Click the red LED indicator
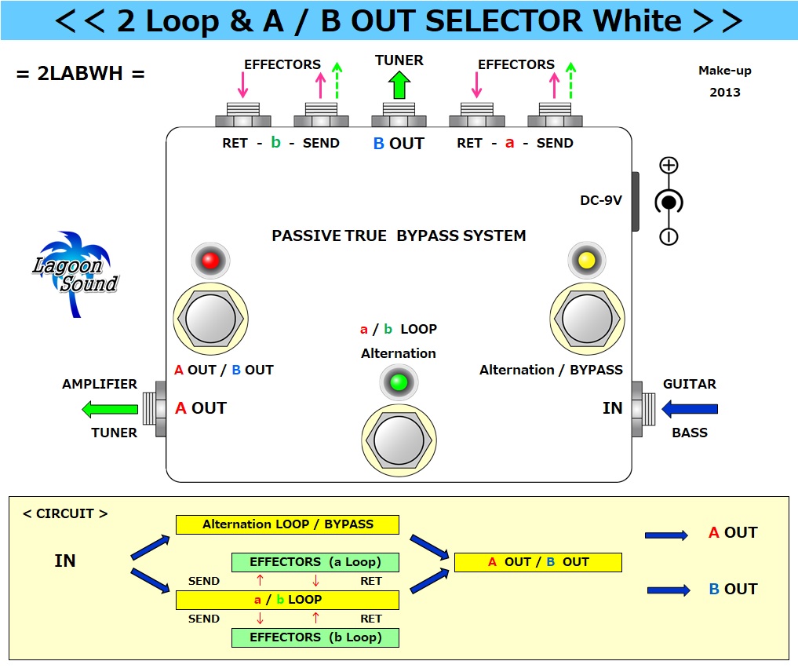(210, 261)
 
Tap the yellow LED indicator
(586, 261)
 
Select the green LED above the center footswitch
(399, 382)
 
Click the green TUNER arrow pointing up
(399, 84)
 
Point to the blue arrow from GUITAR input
(690, 408)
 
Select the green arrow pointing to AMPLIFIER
(110, 408)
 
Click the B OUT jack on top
(399, 116)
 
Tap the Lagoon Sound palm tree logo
(75, 272)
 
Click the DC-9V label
(600, 200)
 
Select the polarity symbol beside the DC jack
(668, 201)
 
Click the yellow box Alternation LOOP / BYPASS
(287, 524)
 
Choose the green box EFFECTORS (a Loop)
(315, 562)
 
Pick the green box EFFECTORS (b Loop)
(315, 637)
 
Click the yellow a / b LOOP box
(287, 600)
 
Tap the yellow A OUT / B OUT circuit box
(537, 562)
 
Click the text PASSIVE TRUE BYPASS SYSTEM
(399, 236)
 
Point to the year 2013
(724, 92)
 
